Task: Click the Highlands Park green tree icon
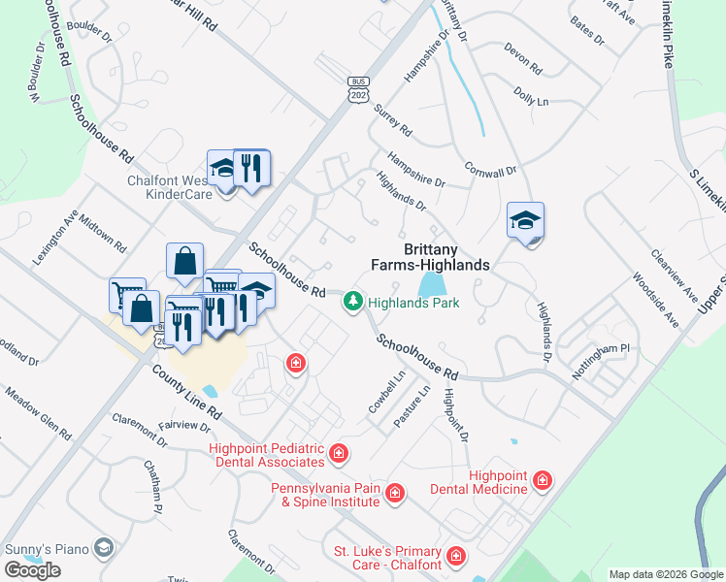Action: point(354,304)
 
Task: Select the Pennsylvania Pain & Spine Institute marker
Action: point(395,495)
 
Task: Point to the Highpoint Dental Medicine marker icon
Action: point(542,481)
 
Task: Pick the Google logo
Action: point(32,570)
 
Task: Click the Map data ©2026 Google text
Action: point(666,574)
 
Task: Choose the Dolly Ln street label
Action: point(531,96)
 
